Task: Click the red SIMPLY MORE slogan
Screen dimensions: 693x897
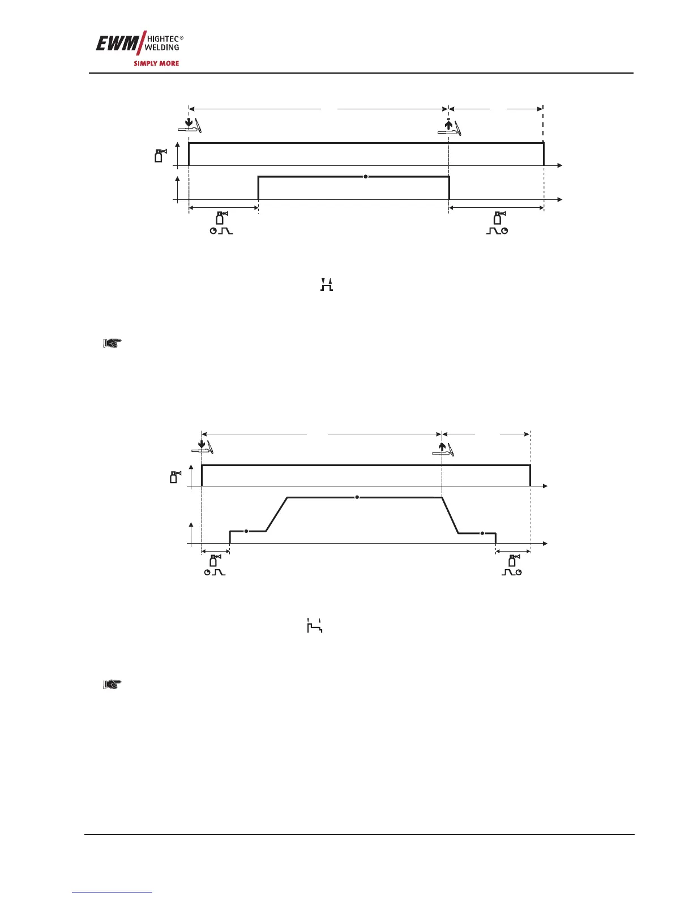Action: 156,63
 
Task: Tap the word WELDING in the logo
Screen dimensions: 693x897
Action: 162,48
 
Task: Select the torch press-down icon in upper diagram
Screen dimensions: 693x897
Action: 190,125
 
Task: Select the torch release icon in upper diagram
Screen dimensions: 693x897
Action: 450,127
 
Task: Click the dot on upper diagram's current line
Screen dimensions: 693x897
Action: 366,177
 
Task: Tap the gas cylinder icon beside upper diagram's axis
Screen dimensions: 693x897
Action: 161,155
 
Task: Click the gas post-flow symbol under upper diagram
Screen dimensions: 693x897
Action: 497,224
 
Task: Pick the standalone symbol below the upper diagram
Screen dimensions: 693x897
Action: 326,285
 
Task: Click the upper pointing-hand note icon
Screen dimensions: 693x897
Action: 112,343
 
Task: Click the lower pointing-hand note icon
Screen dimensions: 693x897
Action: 112,685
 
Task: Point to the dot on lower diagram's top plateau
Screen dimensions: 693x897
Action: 357,497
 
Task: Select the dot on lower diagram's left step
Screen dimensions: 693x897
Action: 246,531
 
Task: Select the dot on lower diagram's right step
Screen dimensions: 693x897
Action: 482,533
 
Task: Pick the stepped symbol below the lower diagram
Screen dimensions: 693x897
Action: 314,626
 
